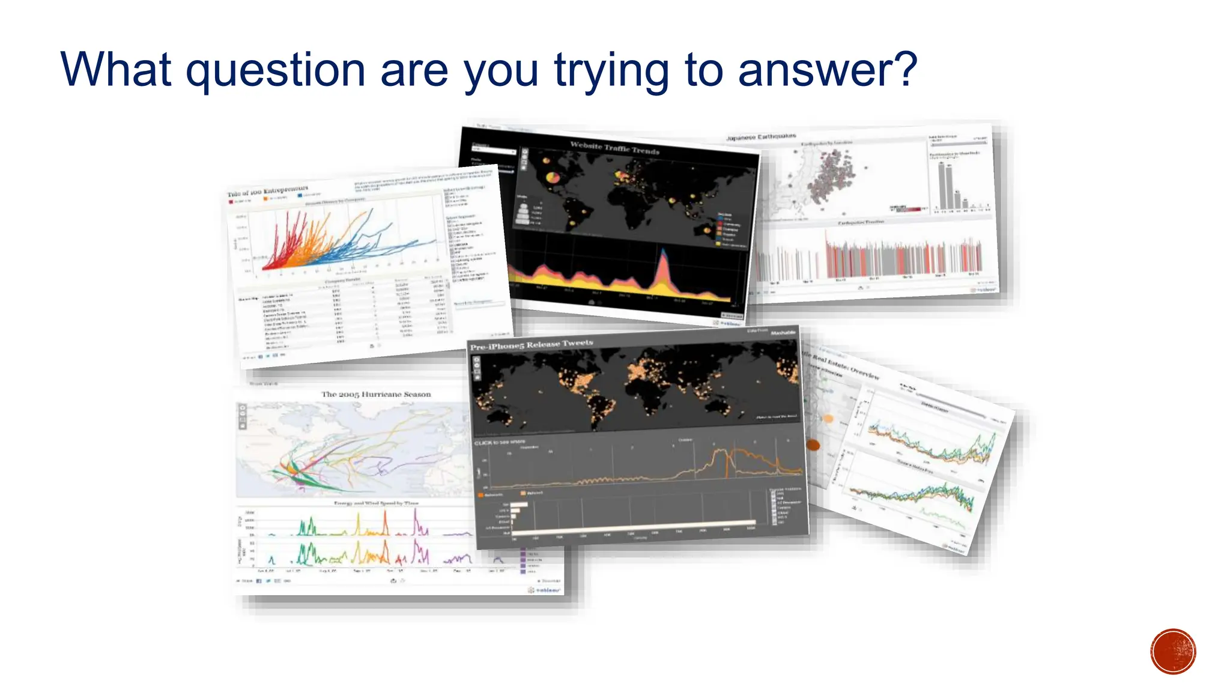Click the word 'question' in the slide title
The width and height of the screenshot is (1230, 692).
(x=275, y=71)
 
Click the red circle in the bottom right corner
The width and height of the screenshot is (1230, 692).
(x=1173, y=652)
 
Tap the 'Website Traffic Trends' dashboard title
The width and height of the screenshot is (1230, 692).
(x=614, y=148)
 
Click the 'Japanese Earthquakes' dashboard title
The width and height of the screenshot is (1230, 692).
(x=761, y=137)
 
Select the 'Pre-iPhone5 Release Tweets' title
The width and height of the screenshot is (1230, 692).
(x=531, y=345)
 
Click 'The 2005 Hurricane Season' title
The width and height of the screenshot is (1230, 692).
(x=376, y=394)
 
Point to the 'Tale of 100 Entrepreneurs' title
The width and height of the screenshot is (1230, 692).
(x=267, y=191)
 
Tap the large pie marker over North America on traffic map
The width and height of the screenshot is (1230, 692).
(x=553, y=177)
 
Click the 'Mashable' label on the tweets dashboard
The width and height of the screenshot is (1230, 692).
(x=783, y=332)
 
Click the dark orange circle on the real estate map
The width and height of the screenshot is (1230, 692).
(x=813, y=445)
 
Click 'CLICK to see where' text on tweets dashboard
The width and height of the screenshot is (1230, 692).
(x=499, y=442)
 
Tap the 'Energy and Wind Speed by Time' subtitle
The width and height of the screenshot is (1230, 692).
(x=376, y=503)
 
